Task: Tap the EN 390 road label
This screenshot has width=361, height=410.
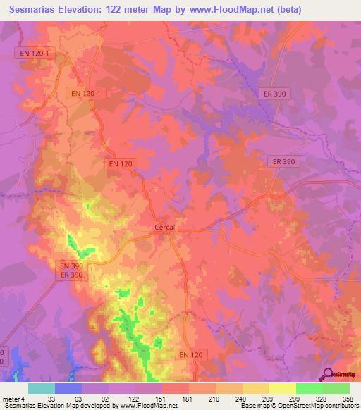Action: pos(71,266)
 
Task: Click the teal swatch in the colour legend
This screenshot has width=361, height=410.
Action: pos(41,388)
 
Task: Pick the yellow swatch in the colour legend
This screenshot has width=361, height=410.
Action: pos(282,388)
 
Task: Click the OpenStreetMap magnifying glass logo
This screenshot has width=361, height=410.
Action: pos(327,374)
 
